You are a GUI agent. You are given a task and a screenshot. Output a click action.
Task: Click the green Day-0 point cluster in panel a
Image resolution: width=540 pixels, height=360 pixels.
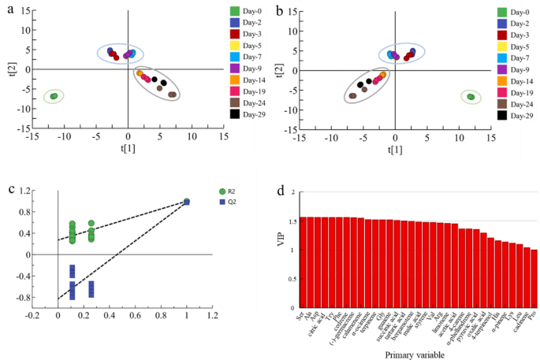click(54, 96)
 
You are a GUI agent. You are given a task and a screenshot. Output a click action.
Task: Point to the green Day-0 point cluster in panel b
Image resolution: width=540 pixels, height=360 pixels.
click(471, 97)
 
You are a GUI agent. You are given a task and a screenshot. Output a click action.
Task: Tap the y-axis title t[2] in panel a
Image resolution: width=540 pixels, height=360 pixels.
click(9, 69)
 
